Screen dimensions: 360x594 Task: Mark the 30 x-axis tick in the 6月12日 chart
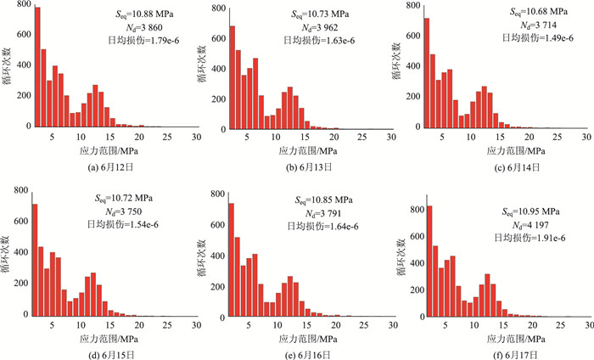[195, 137]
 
